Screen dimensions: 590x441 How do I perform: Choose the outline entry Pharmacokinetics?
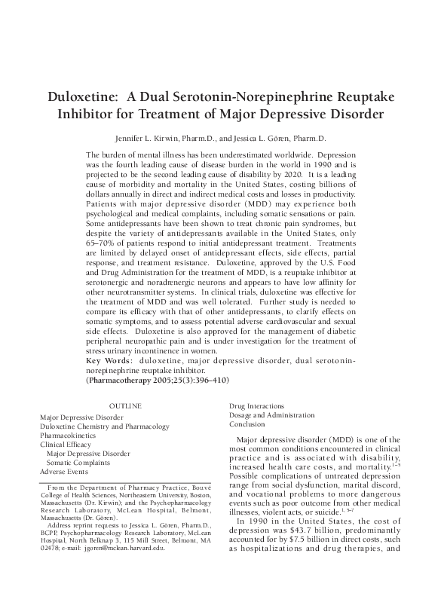coord(68,436)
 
